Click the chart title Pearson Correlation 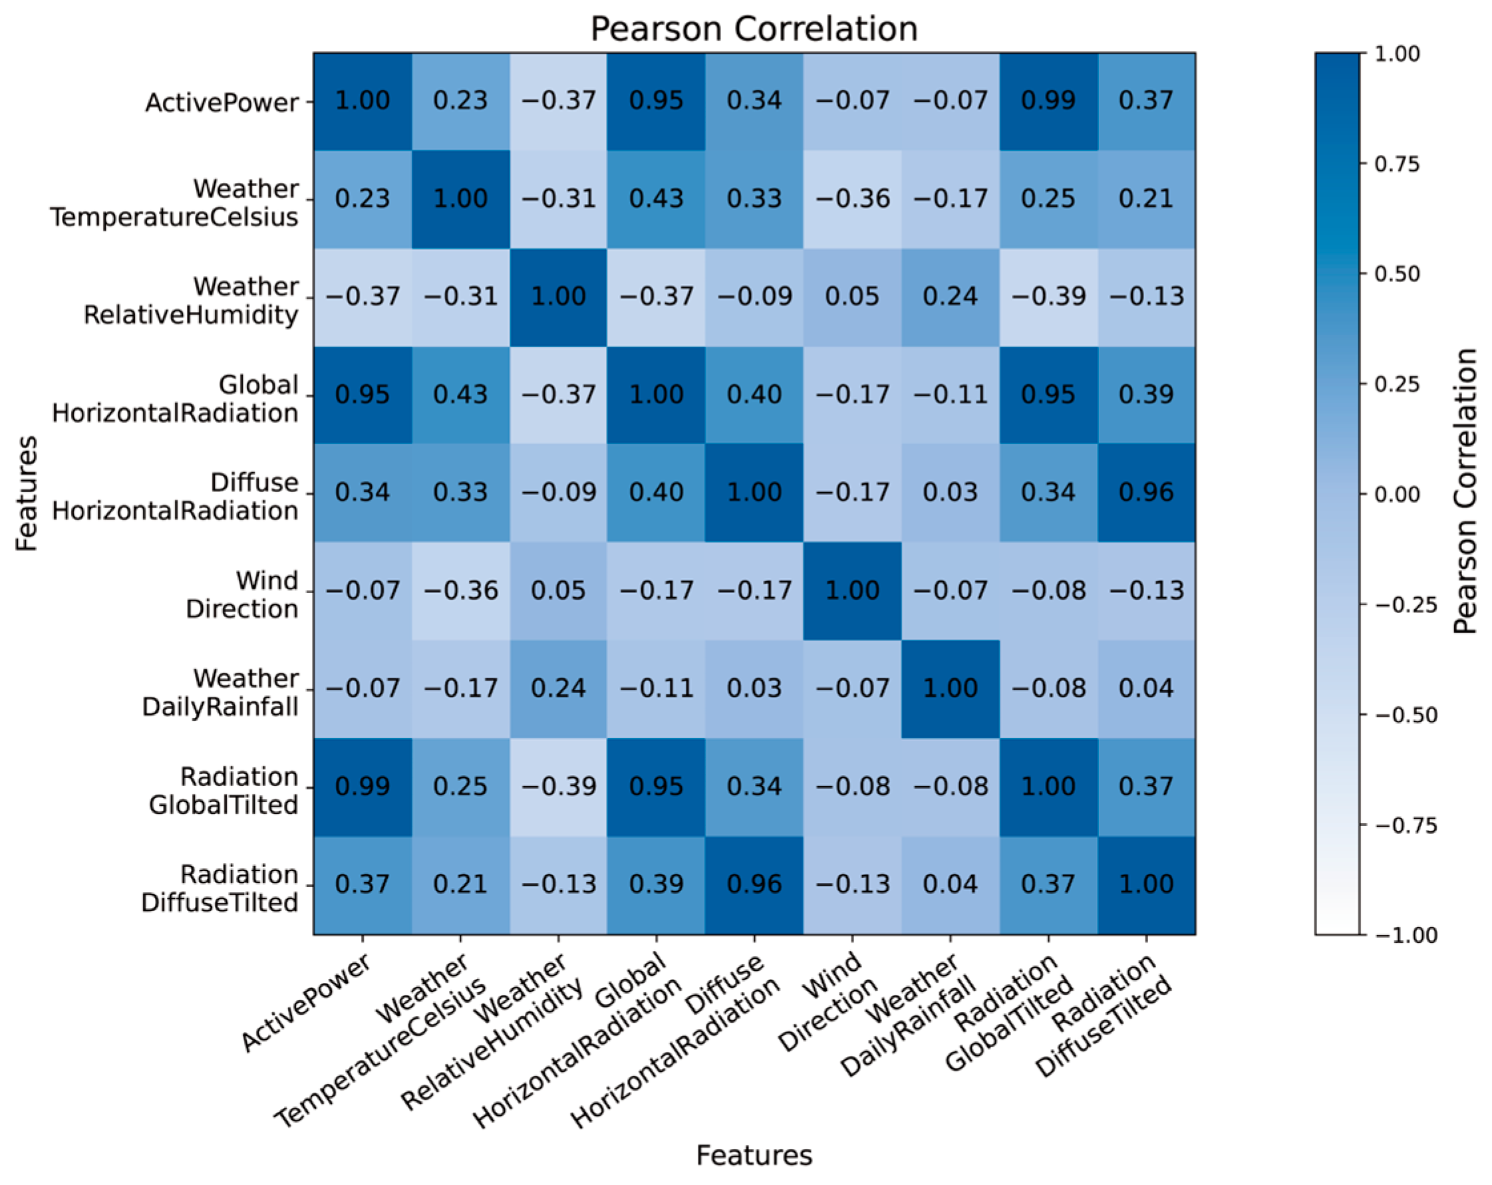[754, 29]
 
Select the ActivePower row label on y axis [222, 102]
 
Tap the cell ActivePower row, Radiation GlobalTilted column [1048, 101]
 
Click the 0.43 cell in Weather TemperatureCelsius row [656, 199]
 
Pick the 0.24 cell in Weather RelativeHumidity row [949, 297]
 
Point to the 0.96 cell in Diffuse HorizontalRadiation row [1146, 493]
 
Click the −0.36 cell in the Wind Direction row [460, 591]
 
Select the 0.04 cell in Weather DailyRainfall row [1146, 688]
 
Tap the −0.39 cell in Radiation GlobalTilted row [559, 787]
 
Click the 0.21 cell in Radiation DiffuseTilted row [460, 884]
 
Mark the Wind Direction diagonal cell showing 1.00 [852, 591]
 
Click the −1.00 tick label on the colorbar [1405, 935]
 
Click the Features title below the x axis [754, 1155]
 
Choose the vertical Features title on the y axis [27, 493]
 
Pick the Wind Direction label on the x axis [827, 1003]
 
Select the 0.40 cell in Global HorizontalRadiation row [754, 395]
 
